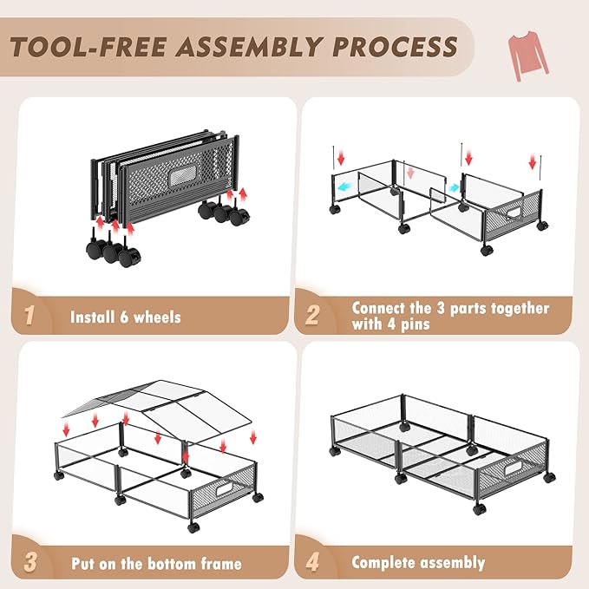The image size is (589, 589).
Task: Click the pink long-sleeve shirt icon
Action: (x=527, y=55)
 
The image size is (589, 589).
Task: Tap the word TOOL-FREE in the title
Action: (x=88, y=48)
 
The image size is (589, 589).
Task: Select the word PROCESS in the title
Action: (x=395, y=47)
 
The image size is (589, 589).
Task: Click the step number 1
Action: (x=29, y=315)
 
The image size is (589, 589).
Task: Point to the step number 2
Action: (x=312, y=315)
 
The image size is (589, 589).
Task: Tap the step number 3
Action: (x=30, y=562)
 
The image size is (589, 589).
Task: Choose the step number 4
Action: (x=312, y=562)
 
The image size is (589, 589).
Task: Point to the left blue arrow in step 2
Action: (x=345, y=187)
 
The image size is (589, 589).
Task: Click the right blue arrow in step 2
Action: (x=454, y=187)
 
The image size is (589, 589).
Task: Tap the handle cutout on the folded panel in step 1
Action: (x=182, y=176)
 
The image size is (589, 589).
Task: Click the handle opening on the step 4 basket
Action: (x=513, y=468)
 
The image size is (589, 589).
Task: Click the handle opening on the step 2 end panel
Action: (x=513, y=213)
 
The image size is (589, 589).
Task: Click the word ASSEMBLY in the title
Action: (x=249, y=47)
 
